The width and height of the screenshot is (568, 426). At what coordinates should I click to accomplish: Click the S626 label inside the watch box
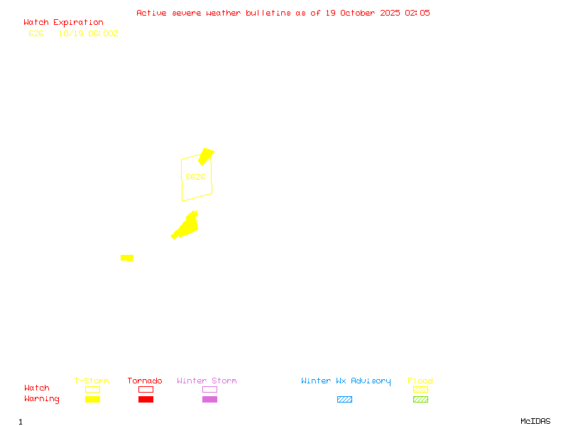(195, 177)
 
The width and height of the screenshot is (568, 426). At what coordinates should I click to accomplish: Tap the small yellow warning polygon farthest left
(127, 258)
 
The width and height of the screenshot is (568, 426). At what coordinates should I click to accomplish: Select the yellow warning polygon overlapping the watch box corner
(206, 156)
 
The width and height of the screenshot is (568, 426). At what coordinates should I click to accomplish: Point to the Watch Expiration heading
(63, 23)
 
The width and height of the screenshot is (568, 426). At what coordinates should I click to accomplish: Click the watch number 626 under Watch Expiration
(36, 33)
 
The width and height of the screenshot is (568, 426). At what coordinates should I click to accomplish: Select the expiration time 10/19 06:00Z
(89, 33)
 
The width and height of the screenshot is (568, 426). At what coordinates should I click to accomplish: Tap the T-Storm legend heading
(92, 381)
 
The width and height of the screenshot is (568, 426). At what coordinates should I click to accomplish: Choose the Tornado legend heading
(145, 381)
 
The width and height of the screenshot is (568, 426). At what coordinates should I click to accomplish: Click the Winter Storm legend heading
(207, 381)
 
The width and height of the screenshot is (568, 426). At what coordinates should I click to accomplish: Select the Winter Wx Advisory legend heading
(346, 381)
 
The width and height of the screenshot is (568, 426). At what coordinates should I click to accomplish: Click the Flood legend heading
(420, 381)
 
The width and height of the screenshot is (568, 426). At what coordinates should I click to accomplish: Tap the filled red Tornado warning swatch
(146, 400)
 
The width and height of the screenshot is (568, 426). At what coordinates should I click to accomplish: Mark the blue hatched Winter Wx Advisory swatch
(344, 400)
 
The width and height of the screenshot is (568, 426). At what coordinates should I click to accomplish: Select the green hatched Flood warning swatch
(420, 400)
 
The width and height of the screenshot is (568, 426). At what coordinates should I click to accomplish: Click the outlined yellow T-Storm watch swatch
(92, 389)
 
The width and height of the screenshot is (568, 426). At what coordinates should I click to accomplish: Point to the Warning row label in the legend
(42, 399)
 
